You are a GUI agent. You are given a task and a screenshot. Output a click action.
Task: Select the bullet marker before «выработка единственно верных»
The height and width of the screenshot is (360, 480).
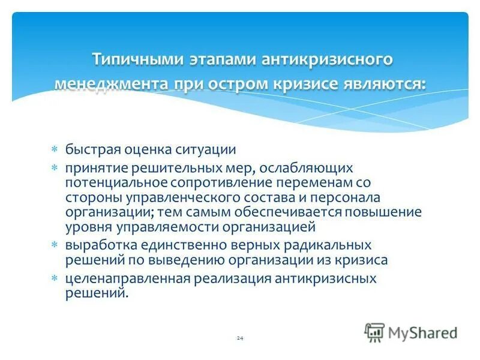pyautogui.click(x=54, y=245)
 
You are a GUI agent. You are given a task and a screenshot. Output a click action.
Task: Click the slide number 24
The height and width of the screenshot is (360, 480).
pyautogui.click(x=240, y=339)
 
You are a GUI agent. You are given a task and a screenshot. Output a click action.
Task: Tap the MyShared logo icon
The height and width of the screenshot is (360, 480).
pyautogui.click(x=374, y=331)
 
